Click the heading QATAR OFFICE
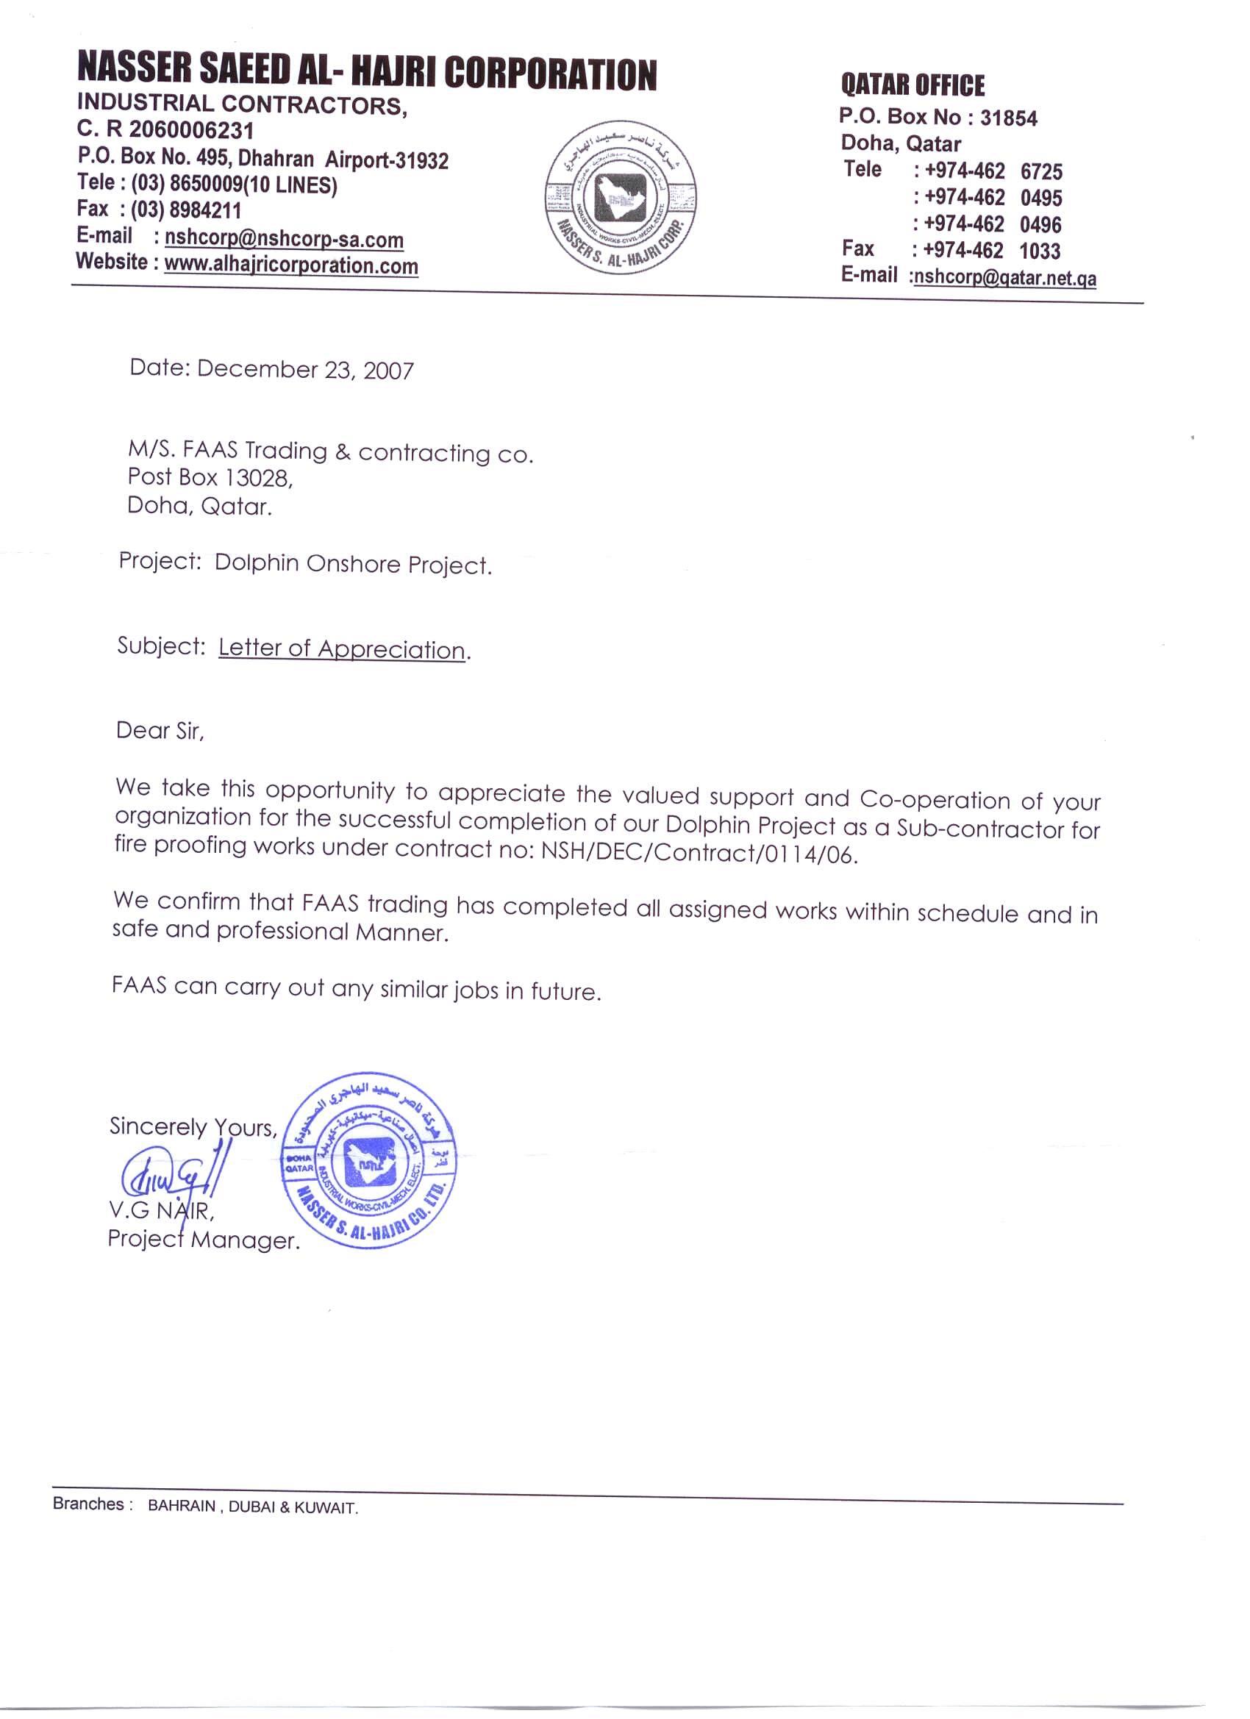pos(913,85)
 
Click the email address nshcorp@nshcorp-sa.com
pos(284,239)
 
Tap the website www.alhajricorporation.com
pos(291,265)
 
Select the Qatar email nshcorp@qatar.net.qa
pos(1004,277)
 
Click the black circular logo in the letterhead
pos(621,198)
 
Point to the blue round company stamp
pos(369,1160)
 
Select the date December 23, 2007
pos(305,370)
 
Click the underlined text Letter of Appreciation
pos(342,648)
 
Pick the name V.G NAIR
pos(161,1210)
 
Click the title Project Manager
pos(203,1240)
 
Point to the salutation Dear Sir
pos(159,731)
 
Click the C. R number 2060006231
pos(191,130)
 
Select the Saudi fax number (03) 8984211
pos(186,210)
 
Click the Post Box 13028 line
pos(210,477)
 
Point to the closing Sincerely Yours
pos(193,1127)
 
